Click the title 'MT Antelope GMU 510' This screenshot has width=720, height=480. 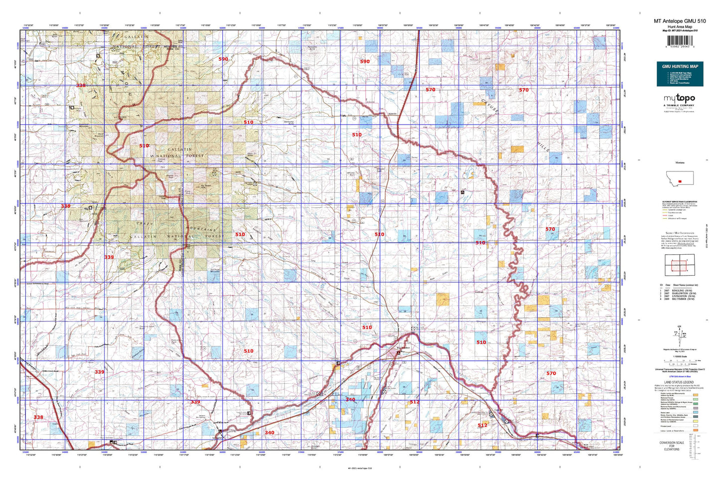(680, 21)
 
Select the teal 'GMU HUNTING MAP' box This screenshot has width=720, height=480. (680, 74)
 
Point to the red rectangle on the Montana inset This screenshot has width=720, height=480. (680, 174)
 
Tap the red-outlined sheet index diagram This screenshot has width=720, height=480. (679, 265)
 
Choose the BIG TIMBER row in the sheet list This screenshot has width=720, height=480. (680, 299)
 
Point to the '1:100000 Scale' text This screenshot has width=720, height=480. (679, 356)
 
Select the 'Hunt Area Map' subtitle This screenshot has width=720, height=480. (680, 26)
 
